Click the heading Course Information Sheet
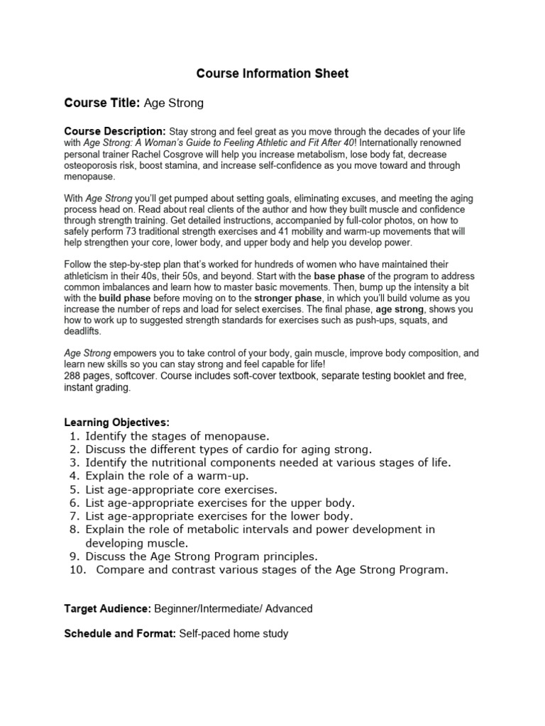272,74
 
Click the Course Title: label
102,104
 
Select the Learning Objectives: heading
116,423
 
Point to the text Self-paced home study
233,634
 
